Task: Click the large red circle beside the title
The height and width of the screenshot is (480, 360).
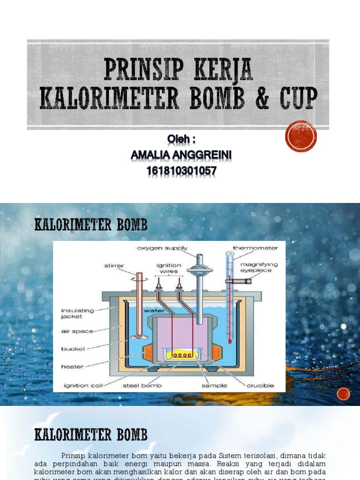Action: click(x=301, y=136)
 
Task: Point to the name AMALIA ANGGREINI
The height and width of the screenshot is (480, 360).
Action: click(x=181, y=155)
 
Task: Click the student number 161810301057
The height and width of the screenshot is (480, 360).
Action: click(x=181, y=172)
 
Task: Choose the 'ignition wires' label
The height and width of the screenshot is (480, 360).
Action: click(x=169, y=268)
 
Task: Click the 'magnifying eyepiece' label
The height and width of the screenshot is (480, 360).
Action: click(x=259, y=267)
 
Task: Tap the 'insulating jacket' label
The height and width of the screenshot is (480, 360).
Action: click(x=77, y=313)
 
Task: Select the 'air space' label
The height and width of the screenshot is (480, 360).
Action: click(x=77, y=331)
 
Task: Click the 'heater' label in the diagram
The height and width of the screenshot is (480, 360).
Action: click(x=72, y=367)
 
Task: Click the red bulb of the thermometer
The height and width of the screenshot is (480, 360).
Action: click(x=230, y=341)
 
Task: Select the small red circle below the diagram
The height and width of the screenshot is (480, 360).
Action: click(x=344, y=394)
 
